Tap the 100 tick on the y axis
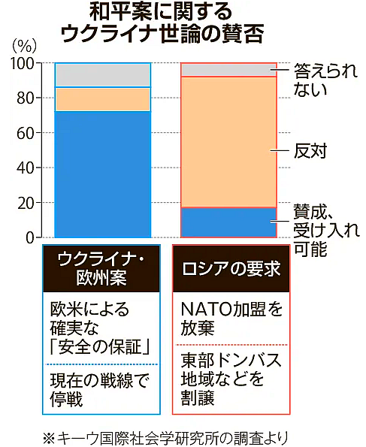[x=21, y=64]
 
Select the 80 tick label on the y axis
[x=25, y=98]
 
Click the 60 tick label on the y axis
[x=25, y=133]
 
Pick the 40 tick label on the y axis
[x=25, y=168]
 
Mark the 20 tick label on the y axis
[x=25, y=203]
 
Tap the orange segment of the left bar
[x=102, y=99]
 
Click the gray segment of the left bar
[x=102, y=75]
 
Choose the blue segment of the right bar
[x=229, y=222]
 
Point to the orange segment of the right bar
[x=229, y=142]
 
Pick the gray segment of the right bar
[x=229, y=70]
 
